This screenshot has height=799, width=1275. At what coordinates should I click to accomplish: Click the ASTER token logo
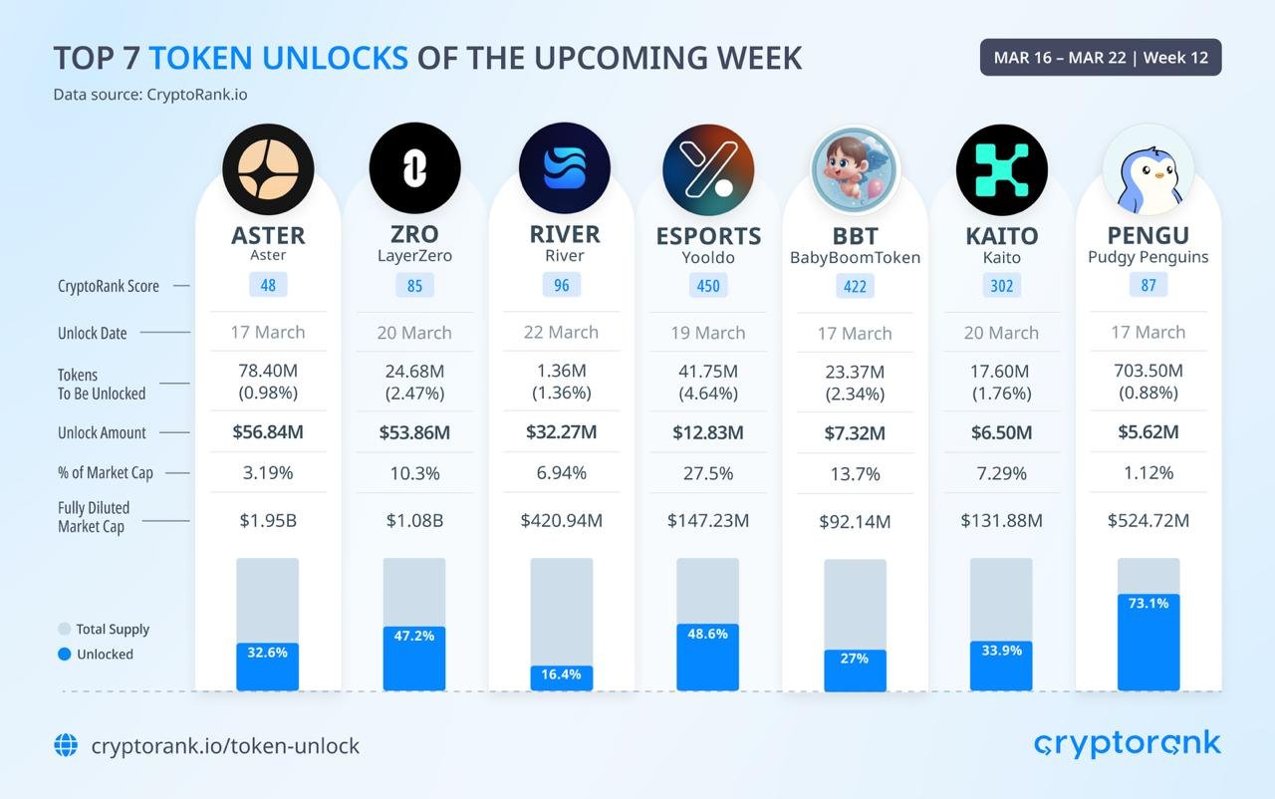268,169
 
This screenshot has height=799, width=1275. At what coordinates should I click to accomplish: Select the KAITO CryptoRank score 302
1001,286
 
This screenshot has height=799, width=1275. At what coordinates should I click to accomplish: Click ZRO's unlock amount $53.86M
414,432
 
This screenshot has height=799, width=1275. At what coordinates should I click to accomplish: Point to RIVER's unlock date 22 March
561,333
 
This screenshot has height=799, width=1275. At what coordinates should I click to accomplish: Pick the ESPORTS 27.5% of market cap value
708,473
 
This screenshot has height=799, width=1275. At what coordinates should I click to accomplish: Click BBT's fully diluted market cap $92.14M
855,521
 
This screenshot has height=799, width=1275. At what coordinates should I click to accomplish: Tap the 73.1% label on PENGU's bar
1148,604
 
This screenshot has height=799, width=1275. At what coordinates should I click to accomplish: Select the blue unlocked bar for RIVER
562,678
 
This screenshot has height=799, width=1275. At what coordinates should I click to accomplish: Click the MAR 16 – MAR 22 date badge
1101,58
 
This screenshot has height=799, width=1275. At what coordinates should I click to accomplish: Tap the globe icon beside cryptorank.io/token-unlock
66,745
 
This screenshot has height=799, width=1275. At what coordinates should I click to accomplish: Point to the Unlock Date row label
92,333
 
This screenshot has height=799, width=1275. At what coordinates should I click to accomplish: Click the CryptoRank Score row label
108,286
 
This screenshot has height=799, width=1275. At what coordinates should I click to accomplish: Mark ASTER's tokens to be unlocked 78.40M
268,371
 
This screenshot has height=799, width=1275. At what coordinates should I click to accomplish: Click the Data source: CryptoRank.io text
150,95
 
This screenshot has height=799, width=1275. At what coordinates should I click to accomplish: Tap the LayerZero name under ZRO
414,256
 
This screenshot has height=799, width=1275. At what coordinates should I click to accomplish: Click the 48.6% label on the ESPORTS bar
708,634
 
